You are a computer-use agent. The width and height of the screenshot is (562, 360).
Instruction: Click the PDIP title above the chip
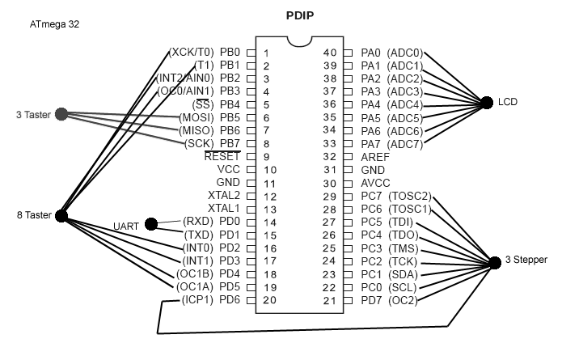(300, 15)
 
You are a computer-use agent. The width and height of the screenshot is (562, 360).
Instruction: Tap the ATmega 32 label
(54, 25)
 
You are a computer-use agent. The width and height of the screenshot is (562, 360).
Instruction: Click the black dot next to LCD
(486, 103)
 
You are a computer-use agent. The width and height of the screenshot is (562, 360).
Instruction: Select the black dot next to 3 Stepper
(494, 261)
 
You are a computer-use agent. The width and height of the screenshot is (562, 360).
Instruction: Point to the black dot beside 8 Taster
(61, 215)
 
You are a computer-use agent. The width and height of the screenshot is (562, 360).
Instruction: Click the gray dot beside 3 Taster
(61, 115)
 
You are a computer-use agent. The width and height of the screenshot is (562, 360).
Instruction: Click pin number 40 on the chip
(329, 53)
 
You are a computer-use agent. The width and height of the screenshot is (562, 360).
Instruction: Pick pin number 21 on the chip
(329, 301)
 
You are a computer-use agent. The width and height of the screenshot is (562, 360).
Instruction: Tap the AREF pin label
(375, 156)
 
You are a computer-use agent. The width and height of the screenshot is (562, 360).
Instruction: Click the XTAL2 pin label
(224, 195)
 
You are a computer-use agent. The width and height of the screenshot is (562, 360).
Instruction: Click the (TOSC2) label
(410, 196)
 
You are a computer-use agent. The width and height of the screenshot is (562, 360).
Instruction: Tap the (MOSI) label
(196, 117)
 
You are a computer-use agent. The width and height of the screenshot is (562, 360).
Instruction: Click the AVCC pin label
(375, 183)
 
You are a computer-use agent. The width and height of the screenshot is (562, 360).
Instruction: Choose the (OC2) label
(401, 301)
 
